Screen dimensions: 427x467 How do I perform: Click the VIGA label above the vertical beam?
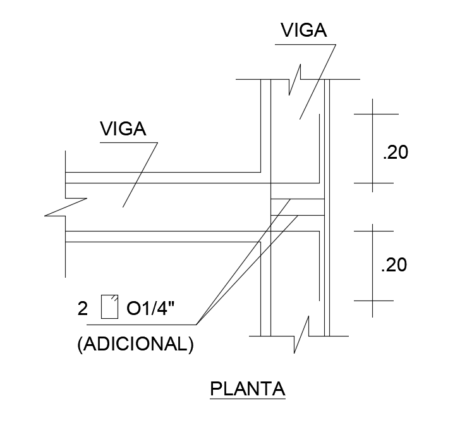click(x=303, y=30)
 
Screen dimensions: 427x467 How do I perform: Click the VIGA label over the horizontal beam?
click(x=123, y=129)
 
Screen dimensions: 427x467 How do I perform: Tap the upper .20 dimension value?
click(x=396, y=152)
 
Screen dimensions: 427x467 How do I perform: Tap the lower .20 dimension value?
click(x=394, y=265)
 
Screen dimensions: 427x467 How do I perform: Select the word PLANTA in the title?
click(x=247, y=388)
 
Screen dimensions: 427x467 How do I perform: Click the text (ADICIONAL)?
click(x=135, y=345)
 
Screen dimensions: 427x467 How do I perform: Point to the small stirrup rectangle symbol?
click(x=109, y=306)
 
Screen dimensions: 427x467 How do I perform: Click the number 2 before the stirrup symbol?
click(x=82, y=309)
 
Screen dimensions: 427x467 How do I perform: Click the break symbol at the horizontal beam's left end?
click(x=65, y=207)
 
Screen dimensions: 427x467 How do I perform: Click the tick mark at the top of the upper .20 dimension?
click(x=372, y=114)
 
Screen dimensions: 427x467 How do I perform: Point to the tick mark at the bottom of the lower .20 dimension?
click(x=372, y=299)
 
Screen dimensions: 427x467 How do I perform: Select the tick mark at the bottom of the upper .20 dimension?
click(x=372, y=183)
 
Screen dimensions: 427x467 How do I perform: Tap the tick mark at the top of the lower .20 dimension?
click(x=372, y=231)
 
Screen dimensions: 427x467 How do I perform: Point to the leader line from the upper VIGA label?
click(x=317, y=81)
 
